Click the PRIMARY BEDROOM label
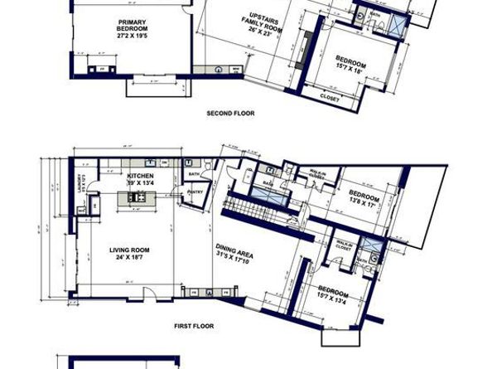pos(133,24)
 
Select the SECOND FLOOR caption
pos(230,113)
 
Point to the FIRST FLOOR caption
pos(194,326)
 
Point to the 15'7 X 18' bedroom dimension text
pos(351,70)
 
